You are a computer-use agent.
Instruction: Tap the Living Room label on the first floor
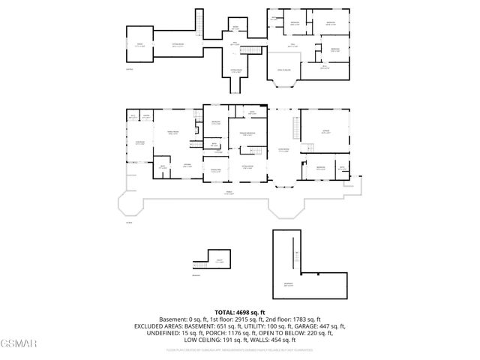click(284, 150)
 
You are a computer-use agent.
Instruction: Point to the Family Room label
click(171, 133)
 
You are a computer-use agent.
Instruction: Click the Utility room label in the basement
click(220, 261)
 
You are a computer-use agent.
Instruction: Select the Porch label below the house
click(229, 193)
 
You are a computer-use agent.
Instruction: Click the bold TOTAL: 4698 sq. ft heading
click(239, 312)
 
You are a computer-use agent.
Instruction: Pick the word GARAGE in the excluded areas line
click(310, 326)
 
